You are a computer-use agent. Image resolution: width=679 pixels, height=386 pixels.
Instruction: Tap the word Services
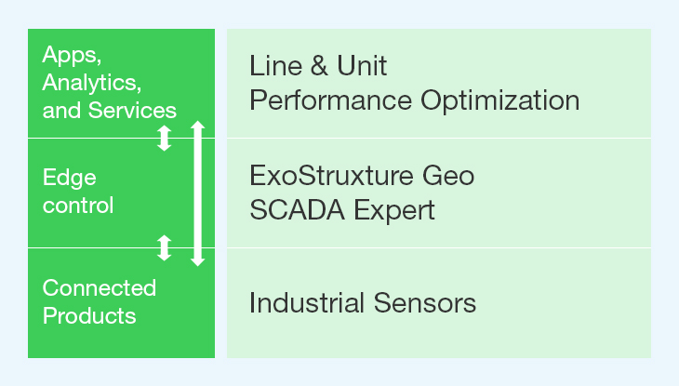point(132,111)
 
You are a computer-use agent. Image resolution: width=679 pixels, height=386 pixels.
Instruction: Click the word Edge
point(69,179)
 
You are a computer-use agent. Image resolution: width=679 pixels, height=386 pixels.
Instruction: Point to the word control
point(78,206)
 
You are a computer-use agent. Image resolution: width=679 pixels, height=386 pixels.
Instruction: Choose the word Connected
point(100,288)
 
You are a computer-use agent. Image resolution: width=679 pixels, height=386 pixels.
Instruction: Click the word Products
point(89,316)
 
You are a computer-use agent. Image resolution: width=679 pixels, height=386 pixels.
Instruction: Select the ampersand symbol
point(319,66)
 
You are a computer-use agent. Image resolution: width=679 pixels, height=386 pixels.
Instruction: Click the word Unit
point(362,66)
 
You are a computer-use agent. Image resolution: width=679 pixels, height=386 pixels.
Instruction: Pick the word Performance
point(330,101)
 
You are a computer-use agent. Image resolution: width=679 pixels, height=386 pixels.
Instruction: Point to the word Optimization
point(500,101)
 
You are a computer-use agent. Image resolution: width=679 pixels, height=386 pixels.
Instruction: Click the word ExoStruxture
point(331,176)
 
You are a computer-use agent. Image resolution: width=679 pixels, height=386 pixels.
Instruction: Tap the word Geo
point(448,176)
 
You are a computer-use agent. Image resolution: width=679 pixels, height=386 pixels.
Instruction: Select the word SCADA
point(297,210)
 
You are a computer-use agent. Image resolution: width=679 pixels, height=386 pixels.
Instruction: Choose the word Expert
point(394,211)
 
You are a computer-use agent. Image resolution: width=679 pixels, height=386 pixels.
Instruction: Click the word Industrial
point(307,302)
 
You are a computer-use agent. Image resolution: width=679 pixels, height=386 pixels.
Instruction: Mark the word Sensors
point(425,302)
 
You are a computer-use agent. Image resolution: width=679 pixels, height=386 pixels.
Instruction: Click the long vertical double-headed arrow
point(198,193)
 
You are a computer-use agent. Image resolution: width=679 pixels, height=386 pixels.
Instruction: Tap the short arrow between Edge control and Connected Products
point(164,247)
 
